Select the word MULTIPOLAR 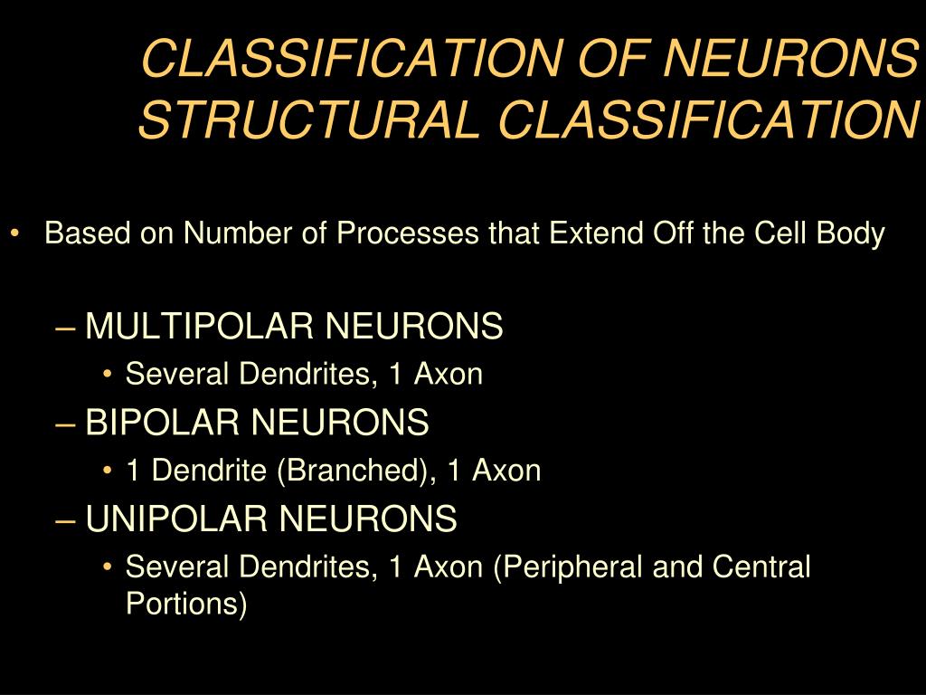(199, 326)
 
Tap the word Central (761, 567)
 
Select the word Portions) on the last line (186, 604)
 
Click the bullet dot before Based (17, 234)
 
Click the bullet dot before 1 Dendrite (109, 471)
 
